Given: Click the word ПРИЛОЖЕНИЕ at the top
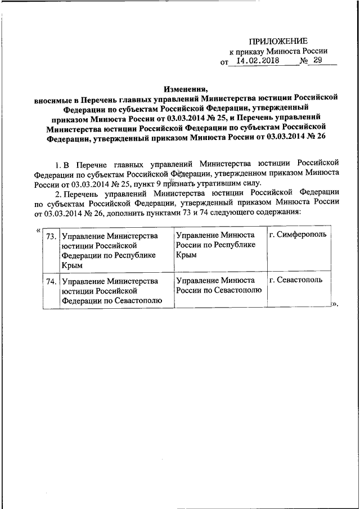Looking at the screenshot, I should click(278, 40).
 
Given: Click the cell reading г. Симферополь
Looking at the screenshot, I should click(298, 235).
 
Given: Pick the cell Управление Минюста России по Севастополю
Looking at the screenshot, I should click(218, 285).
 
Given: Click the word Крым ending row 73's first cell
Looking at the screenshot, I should click(72, 264).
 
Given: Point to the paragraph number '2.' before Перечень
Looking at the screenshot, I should click(60, 192).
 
